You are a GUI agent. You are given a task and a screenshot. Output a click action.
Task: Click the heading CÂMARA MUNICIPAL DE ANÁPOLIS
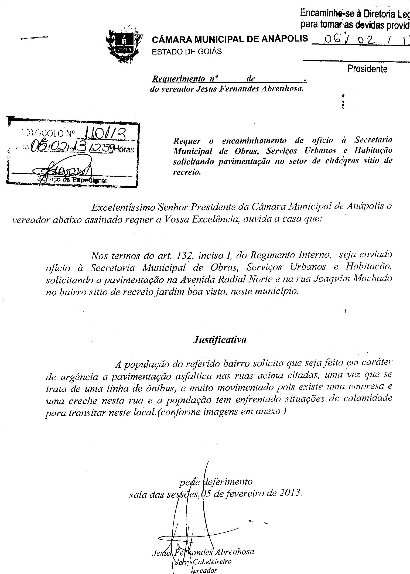pos(230,39)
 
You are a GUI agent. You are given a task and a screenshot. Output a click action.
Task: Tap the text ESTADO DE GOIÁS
pos(187,52)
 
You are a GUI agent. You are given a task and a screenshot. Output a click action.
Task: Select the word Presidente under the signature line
pos(367,69)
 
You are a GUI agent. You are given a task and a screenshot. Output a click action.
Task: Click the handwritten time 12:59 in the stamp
pos(102,148)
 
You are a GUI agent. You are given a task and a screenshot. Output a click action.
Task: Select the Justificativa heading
pos(220,340)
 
